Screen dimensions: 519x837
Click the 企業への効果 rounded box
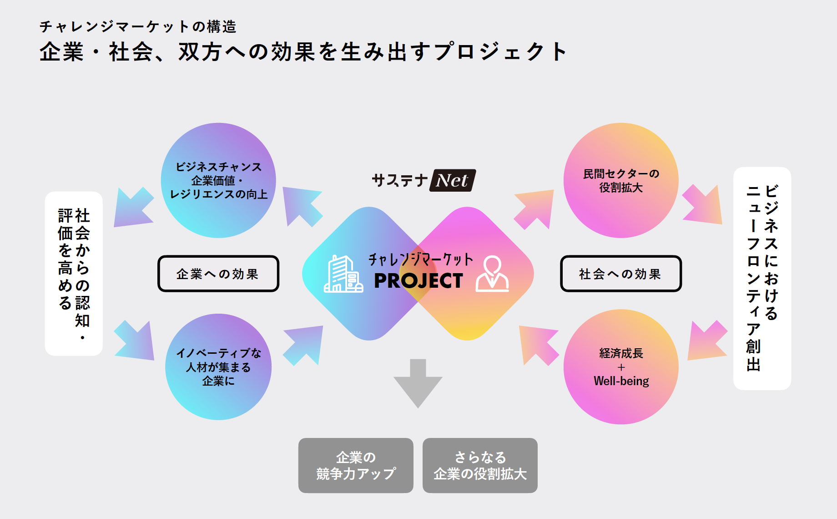click(x=218, y=274)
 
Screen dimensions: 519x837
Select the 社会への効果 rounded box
click(x=621, y=274)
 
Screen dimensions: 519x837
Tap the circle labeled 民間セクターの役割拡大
click(x=621, y=180)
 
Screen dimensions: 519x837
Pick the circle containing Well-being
click(x=621, y=367)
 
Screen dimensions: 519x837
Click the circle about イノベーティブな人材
click(x=218, y=367)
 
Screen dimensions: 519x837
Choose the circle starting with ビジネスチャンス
click(x=218, y=180)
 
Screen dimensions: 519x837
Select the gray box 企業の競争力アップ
click(x=356, y=465)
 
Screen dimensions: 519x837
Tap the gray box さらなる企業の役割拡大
click(x=480, y=465)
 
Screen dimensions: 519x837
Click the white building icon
click(x=343, y=274)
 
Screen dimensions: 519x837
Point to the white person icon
click(x=492, y=274)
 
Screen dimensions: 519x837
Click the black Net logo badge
click(x=453, y=180)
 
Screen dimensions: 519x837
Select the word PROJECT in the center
click(x=418, y=281)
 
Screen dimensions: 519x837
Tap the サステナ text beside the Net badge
click(x=399, y=180)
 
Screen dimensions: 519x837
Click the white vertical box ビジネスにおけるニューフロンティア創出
click(x=762, y=278)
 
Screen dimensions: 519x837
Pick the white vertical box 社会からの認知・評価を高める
click(x=74, y=274)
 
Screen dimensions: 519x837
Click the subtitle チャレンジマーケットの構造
click(x=138, y=26)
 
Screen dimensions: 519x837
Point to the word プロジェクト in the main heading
click(x=500, y=51)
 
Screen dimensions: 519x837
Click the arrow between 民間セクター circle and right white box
click(x=702, y=205)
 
